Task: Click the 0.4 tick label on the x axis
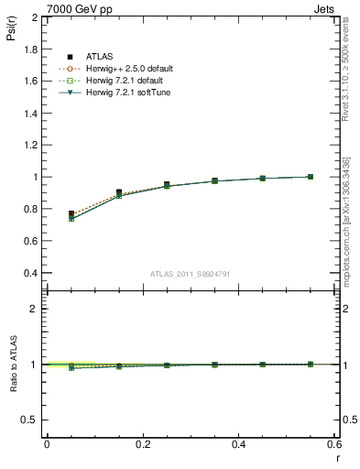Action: (238, 444)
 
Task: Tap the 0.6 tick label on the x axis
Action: (333, 444)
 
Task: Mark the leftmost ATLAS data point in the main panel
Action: (71, 213)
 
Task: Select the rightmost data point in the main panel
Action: (310, 177)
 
